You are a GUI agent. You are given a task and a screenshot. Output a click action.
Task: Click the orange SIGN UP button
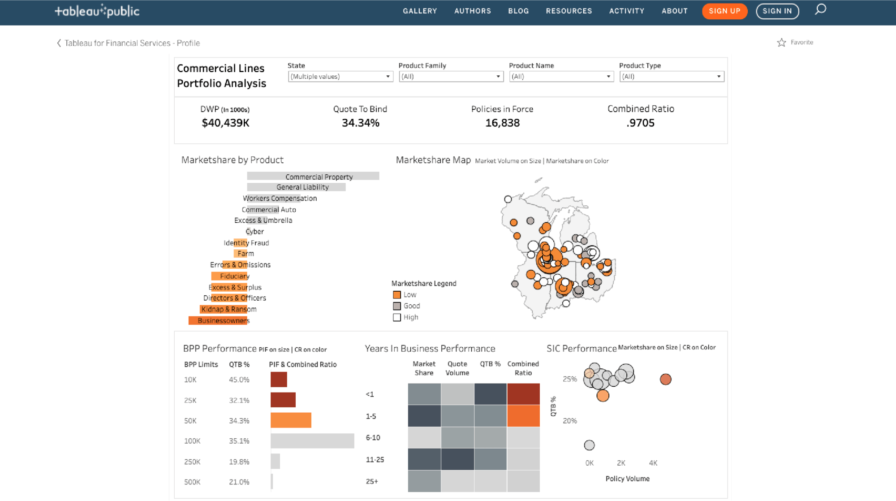[724, 11]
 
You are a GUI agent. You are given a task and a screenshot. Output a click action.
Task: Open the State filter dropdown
[340, 77]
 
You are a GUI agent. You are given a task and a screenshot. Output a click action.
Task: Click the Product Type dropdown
[671, 77]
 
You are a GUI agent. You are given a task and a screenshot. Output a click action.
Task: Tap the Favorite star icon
[781, 43]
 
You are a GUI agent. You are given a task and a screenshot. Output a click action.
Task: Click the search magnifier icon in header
[820, 9]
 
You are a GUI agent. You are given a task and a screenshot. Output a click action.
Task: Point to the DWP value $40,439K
[225, 123]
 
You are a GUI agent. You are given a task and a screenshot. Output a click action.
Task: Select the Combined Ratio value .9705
[640, 123]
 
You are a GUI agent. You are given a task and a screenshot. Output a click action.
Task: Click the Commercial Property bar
[313, 177]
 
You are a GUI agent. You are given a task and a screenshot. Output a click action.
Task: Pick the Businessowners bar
[218, 320]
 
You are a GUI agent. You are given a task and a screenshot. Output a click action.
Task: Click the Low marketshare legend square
[396, 295]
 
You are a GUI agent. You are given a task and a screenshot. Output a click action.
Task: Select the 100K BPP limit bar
[312, 441]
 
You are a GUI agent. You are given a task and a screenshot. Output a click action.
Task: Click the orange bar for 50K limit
[291, 420]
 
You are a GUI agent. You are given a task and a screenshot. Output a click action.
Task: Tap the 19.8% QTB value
[239, 462]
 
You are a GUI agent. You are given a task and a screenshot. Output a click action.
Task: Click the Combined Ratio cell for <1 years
[523, 394]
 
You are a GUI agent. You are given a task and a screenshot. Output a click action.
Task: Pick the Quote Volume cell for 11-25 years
[457, 459]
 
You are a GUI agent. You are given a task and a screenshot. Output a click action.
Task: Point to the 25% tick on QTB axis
[569, 379]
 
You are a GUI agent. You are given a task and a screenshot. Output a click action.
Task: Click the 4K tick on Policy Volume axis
[653, 463]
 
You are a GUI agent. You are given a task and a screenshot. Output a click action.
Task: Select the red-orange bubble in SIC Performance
[665, 380]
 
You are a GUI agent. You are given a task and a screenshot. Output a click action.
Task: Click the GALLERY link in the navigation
[419, 11]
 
